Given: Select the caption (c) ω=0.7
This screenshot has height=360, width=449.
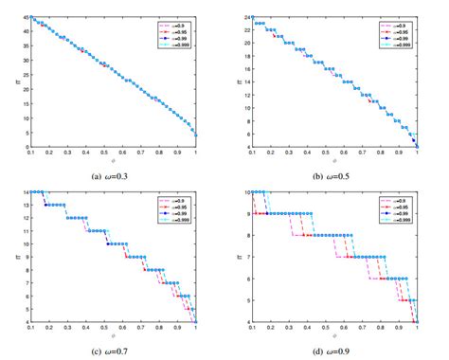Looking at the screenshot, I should pos(113,351).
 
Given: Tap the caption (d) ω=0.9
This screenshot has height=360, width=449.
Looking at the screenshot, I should pos(336,351).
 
